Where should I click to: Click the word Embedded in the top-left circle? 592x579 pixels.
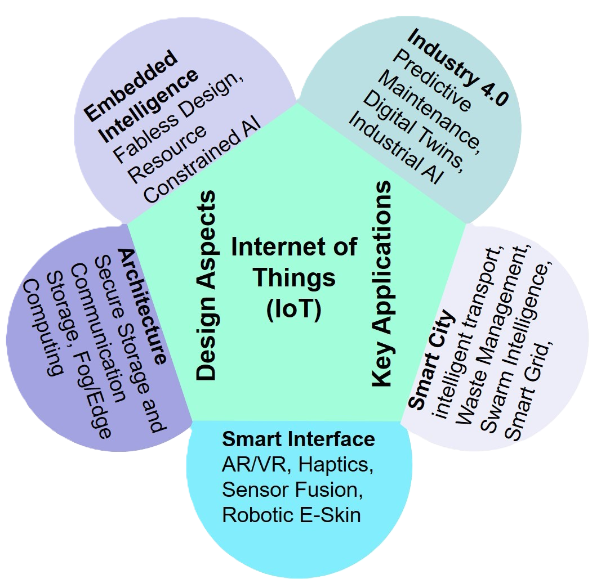pos(131,86)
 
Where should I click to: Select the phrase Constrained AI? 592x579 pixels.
pos(202,161)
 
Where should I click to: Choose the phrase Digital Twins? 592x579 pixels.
pos(414,130)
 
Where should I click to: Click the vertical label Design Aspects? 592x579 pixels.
pos(206,285)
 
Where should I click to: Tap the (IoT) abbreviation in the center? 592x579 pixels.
pos(293,309)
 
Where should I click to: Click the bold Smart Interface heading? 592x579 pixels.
pos(299,439)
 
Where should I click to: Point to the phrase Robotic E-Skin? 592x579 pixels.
pos(291,515)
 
